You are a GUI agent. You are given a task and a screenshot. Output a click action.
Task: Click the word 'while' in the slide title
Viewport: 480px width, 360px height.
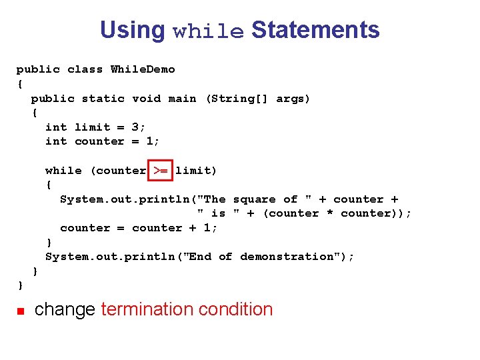coord(208,31)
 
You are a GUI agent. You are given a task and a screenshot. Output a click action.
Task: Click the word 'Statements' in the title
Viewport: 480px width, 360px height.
coord(315,30)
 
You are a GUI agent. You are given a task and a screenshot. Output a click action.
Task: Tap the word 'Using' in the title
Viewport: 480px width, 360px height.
coord(132,31)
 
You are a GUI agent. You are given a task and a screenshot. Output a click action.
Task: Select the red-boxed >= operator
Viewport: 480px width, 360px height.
coord(161,171)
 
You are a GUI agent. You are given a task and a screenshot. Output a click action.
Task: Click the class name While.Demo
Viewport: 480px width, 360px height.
coord(143,69)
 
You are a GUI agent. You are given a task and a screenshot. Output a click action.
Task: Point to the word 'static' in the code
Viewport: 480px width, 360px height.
coord(103,99)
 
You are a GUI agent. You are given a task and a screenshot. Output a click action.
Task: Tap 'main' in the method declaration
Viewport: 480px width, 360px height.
coord(182,99)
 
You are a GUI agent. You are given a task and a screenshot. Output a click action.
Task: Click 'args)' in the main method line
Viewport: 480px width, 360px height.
coord(293,99)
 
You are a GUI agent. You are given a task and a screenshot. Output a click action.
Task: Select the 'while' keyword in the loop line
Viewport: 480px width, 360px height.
coord(63,171)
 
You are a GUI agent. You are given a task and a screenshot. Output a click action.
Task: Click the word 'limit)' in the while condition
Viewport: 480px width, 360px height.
coord(196,171)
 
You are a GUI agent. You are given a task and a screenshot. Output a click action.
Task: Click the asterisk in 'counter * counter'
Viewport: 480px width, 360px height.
coord(330,213)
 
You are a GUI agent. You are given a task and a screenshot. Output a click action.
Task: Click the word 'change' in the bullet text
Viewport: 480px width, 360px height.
coord(65,309)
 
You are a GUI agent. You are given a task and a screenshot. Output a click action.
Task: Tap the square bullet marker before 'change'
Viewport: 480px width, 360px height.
coord(21,311)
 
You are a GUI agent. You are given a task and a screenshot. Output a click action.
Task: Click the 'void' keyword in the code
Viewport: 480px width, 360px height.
coord(146,99)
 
